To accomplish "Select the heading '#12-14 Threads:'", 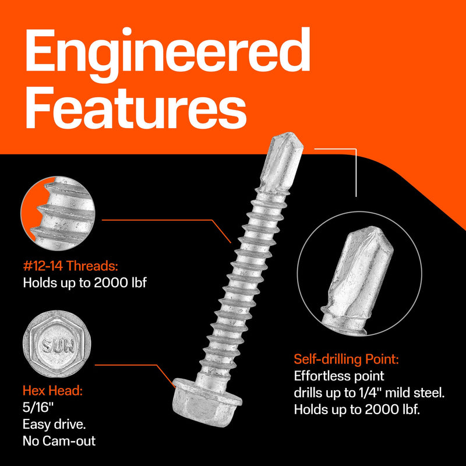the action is coord(70,266).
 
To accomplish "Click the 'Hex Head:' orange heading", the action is coord(52,390).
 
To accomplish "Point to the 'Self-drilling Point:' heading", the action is coord(347,359).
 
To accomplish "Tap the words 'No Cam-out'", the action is coord(59,441).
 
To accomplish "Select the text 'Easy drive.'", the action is coord(54,424).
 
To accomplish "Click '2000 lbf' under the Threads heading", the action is coord(120,283).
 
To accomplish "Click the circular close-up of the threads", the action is coord(58,213).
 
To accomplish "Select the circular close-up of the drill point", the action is coord(359,274).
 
